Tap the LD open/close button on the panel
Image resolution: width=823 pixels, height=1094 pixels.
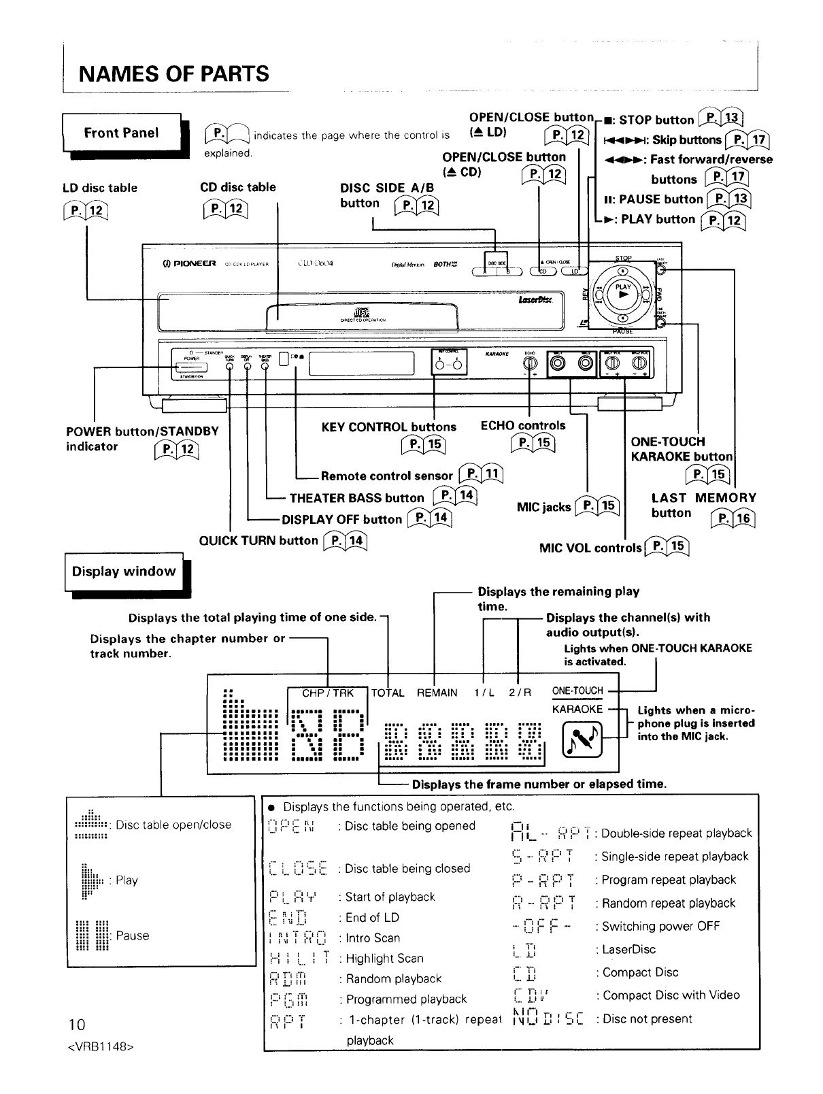pos(575,271)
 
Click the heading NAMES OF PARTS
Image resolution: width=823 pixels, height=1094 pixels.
pos(174,73)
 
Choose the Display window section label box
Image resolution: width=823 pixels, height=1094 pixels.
pos(124,572)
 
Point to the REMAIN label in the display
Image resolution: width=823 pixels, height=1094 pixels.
pos(437,693)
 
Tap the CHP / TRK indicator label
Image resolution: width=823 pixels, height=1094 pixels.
pos(328,693)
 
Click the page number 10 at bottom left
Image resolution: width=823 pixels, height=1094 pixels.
pos(75,1025)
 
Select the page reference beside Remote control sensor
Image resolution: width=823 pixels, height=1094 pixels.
pos(481,475)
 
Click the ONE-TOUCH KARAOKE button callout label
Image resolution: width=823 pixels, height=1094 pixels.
pos(682,449)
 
